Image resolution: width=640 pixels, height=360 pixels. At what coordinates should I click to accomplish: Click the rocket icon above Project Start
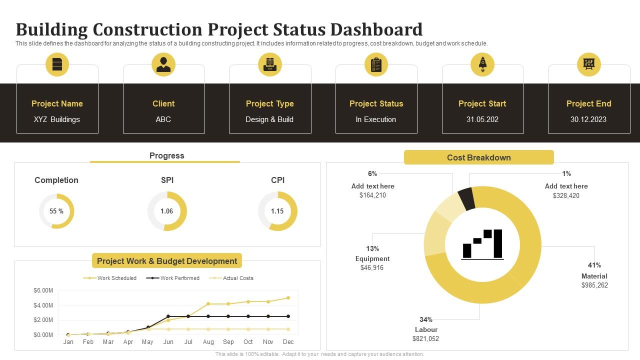pyautogui.click(x=482, y=64)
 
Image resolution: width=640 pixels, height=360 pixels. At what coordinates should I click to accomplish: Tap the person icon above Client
pyautogui.click(x=163, y=64)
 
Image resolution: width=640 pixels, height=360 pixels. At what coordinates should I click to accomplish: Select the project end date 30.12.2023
pyautogui.click(x=588, y=119)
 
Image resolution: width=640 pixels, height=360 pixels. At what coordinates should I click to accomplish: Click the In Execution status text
pyautogui.click(x=376, y=119)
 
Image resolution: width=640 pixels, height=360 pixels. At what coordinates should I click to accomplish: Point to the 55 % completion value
pyautogui.click(x=56, y=211)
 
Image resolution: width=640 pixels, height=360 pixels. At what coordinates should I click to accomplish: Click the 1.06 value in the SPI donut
pyautogui.click(x=167, y=211)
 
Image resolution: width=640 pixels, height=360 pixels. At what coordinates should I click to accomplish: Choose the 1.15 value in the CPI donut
pyautogui.click(x=277, y=211)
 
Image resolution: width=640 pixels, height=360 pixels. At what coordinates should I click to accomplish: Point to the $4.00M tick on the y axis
pyautogui.click(x=43, y=305)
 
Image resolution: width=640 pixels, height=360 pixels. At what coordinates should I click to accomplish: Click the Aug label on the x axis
pyautogui.click(x=208, y=342)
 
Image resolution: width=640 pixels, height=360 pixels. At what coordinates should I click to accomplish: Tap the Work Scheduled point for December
pyautogui.click(x=288, y=298)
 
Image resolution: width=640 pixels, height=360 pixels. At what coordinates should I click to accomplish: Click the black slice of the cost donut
pyautogui.click(x=466, y=199)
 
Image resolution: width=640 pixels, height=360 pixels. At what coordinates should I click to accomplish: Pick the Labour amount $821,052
pyautogui.click(x=425, y=339)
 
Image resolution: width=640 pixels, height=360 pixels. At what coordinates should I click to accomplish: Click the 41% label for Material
pyautogui.click(x=594, y=265)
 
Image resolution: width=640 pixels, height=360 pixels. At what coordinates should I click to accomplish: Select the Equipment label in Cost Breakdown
pyautogui.click(x=372, y=259)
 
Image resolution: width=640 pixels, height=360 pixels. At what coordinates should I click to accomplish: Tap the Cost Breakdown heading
pyautogui.click(x=478, y=157)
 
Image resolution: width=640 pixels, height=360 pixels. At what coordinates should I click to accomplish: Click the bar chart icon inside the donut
pyautogui.click(x=482, y=244)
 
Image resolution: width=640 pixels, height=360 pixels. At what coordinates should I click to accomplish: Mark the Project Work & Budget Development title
pyautogui.click(x=167, y=261)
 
